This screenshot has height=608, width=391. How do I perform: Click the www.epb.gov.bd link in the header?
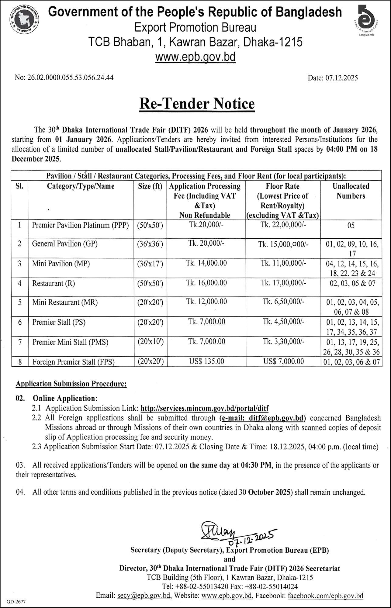195,57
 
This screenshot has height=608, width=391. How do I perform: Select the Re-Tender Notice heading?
197,104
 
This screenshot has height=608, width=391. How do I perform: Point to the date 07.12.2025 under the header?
333,78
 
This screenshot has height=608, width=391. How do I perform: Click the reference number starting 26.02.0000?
64,78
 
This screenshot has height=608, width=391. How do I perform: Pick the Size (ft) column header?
150,186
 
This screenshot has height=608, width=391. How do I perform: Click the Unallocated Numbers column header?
351,191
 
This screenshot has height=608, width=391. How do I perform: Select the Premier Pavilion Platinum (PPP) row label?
81,225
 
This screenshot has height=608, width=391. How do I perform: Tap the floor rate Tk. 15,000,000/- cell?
283,244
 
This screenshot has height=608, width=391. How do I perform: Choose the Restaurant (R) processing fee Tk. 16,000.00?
206,283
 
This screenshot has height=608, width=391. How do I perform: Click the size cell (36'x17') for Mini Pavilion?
150,264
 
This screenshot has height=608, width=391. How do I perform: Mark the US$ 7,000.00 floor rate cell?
283,361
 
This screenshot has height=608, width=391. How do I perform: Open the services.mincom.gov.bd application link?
205,408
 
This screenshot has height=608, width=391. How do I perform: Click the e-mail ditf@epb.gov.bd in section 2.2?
262,418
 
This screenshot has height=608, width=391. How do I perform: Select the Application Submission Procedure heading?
71,384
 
